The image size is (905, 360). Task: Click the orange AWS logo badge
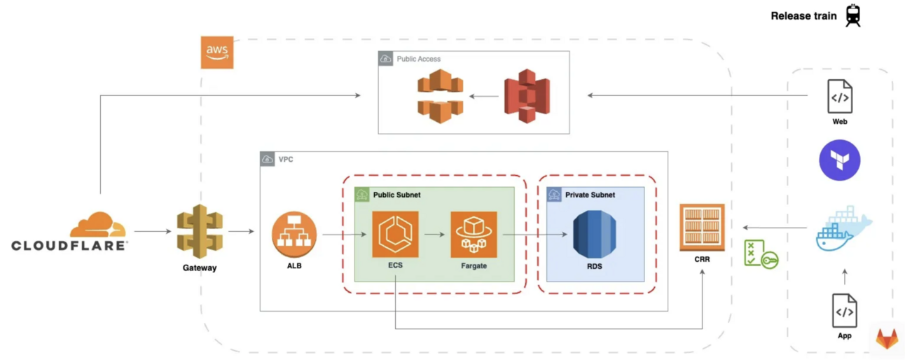pos(217,53)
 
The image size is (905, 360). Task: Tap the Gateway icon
pos(200,232)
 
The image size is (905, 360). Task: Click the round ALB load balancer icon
pos(294,235)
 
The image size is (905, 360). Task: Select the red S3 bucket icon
pos(527,97)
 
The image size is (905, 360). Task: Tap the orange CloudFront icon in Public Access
pos(441,97)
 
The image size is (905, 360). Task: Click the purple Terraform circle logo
pos(840,160)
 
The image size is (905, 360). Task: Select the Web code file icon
pos(840,97)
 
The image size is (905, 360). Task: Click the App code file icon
pos(845,310)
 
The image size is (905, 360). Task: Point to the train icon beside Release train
pos(852,15)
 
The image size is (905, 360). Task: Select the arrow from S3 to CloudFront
pos(483,97)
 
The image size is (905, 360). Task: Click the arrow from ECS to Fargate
pos(434,235)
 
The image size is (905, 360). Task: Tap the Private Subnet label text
pos(590,195)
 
